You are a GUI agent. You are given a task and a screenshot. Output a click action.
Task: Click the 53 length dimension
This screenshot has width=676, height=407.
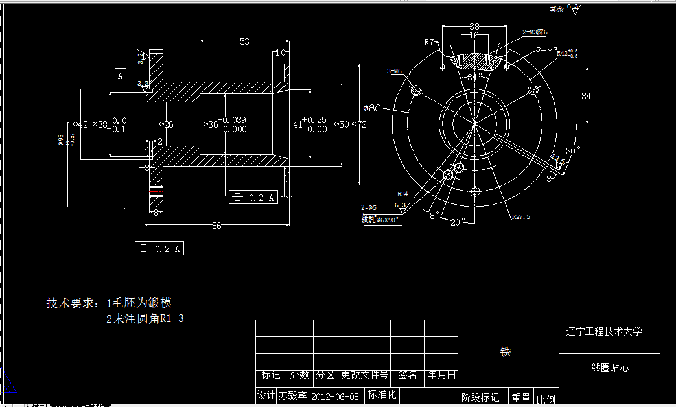[x=244, y=42]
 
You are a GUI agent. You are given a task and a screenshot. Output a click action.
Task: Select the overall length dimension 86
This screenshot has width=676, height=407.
[x=216, y=226]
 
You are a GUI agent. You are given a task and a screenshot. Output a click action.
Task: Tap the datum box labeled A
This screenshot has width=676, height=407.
[x=121, y=76]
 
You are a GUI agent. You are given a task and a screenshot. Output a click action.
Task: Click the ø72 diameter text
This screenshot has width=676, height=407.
[x=359, y=124]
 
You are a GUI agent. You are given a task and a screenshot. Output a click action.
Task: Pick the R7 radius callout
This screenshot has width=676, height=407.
[x=429, y=42]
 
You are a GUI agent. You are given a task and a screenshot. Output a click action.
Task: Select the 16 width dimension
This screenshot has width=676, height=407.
[x=474, y=36]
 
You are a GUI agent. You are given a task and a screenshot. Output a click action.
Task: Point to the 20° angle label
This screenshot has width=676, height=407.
[x=458, y=222]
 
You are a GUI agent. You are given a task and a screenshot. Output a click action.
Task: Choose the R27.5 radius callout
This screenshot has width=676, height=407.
[x=522, y=217]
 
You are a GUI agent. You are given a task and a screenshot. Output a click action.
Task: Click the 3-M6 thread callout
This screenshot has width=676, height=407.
[x=394, y=71]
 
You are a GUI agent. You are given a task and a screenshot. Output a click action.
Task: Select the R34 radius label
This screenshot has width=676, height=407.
[x=402, y=194]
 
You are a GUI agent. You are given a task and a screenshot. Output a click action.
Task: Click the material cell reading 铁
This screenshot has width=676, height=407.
[x=506, y=352]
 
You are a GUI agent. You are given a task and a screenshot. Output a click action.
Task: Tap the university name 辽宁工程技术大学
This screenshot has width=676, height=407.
[x=609, y=331]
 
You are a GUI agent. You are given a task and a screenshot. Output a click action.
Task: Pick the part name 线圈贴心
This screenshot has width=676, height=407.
[x=609, y=367]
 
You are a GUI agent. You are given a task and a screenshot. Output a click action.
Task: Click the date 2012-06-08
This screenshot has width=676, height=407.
[x=335, y=395]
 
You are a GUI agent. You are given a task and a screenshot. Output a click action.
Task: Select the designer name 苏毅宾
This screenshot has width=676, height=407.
[x=292, y=395]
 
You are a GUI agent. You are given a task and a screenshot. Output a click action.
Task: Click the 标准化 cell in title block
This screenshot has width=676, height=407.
[x=382, y=394]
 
